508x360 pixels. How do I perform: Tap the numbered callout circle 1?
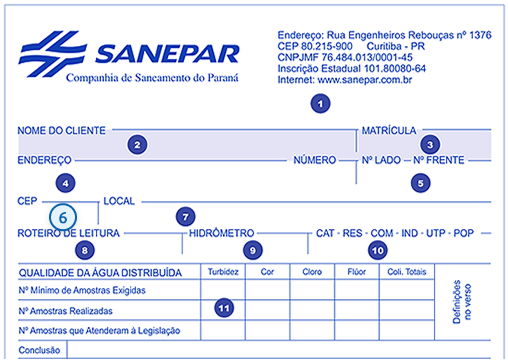[319, 102]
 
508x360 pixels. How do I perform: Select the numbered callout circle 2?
[136, 144]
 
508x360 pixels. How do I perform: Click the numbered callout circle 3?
[432, 144]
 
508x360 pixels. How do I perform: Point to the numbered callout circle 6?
[63, 215]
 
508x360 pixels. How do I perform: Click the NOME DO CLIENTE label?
[62, 130]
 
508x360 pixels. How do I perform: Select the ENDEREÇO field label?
[45, 160]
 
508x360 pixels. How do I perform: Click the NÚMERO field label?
[314, 160]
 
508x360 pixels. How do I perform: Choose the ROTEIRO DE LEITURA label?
[69, 233]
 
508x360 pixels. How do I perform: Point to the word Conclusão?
[41, 350]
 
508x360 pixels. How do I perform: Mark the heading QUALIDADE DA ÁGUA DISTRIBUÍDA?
[100, 272]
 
